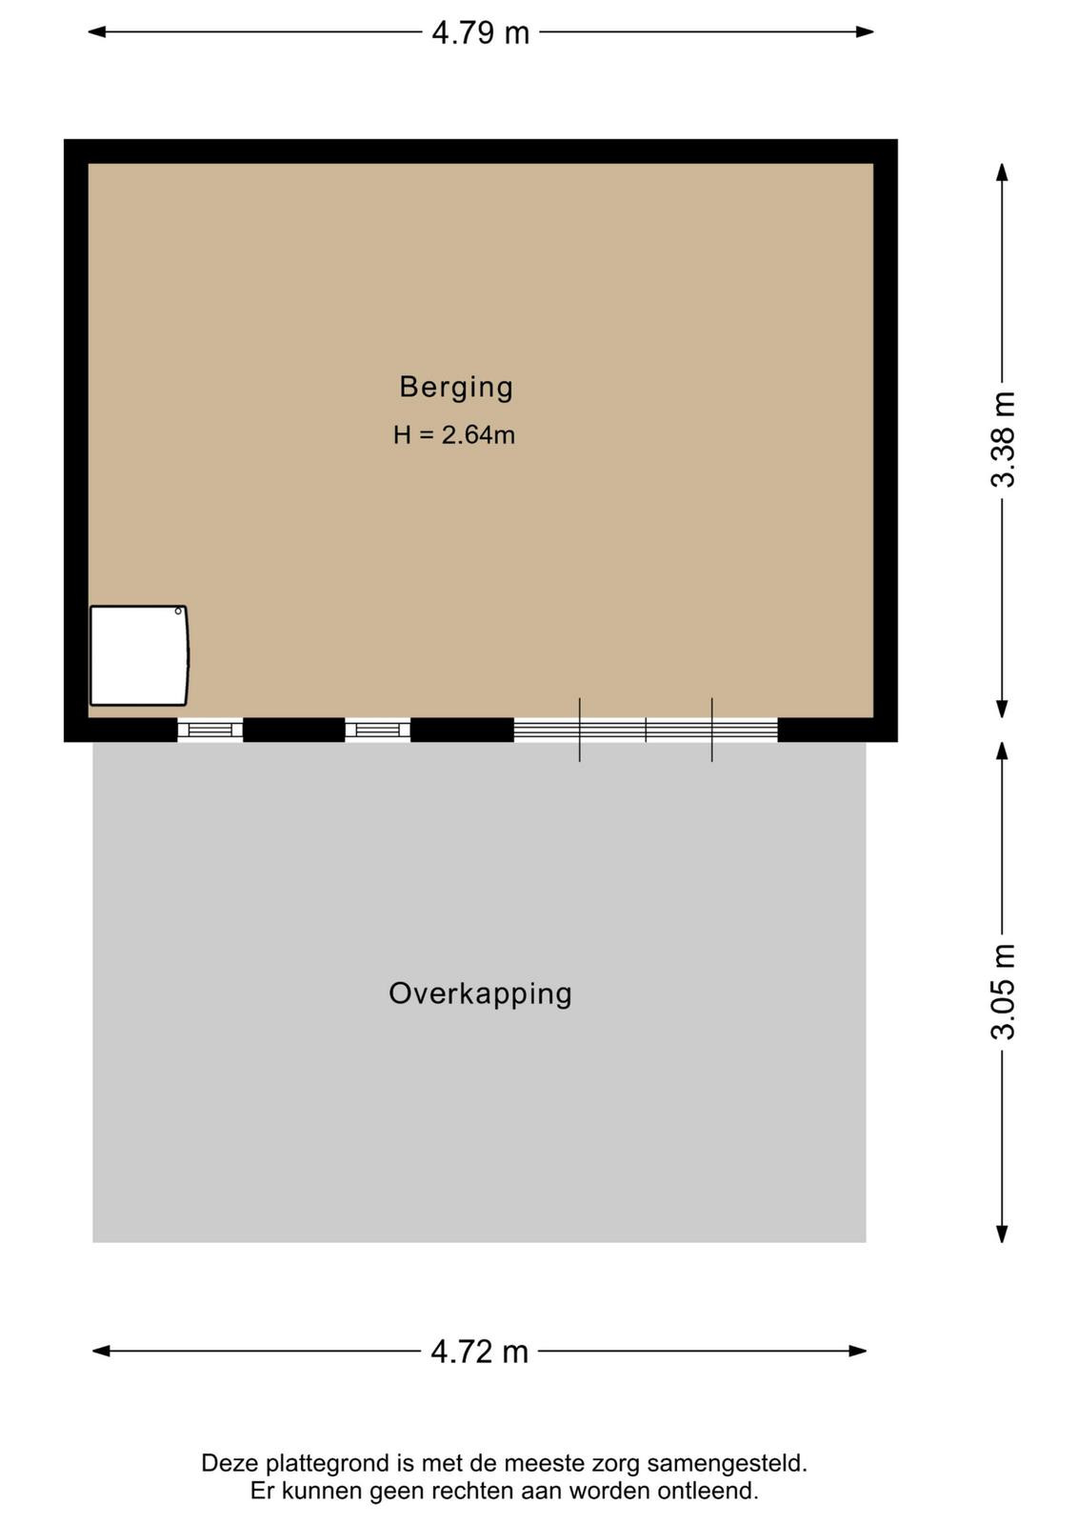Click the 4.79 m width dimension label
(x=480, y=32)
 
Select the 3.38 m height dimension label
(x=1003, y=439)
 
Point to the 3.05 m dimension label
(x=1003, y=992)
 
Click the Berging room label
(x=456, y=387)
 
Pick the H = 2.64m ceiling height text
(x=453, y=434)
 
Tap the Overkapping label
(x=480, y=994)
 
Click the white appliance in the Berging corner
(x=139, y=656)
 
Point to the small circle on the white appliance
(x=178, y=611)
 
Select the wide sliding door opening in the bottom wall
(x=646, y=730)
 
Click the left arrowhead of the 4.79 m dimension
(x=96, y=32)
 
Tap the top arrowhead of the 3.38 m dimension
(x=1002, y=172)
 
